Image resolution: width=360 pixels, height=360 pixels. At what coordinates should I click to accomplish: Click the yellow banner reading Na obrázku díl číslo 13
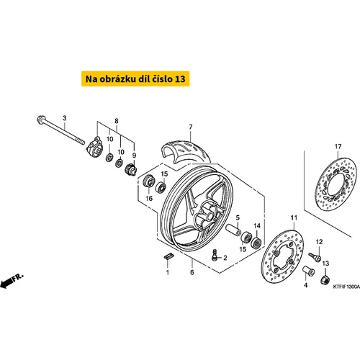pos(135,78)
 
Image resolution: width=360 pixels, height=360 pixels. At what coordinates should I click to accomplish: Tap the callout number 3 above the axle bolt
pos(64,118)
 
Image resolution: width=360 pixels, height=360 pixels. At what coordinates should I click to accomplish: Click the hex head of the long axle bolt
pos(40,120)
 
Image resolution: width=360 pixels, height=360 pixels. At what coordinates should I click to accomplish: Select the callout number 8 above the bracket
pos(117,121)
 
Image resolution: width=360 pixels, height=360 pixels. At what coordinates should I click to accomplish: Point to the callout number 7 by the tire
pos(191,127)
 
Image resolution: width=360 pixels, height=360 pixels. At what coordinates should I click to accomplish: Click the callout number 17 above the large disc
pos(338,146)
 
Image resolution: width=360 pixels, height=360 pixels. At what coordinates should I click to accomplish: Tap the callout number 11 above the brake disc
pos(294,217)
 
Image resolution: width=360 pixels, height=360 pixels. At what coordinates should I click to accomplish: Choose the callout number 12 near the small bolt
pos(320,242)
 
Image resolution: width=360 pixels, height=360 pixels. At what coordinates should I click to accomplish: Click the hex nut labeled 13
pos(325,279)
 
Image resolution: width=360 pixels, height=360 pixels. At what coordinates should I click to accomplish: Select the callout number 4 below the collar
pos(305,285)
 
